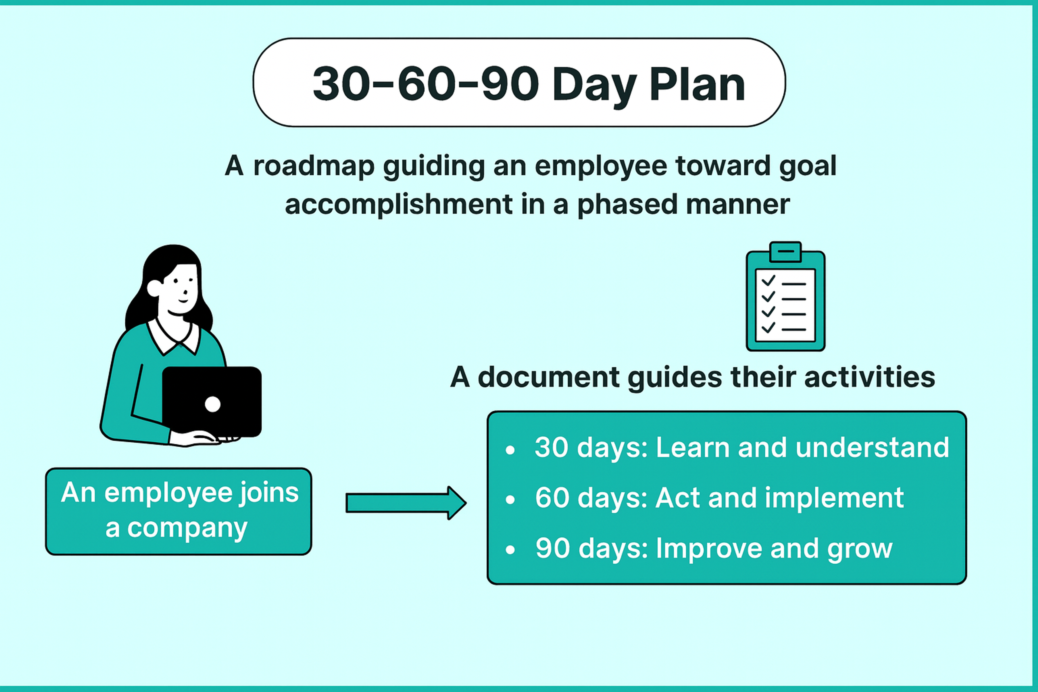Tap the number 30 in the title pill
(341, 84)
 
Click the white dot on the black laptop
(213, 404)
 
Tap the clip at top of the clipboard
(786, 252)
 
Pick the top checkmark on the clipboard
(768, 280)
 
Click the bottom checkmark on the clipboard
(768, 327)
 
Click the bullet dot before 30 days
(510, 450)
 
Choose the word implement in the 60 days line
(834, 498)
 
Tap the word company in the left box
(187, 528)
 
